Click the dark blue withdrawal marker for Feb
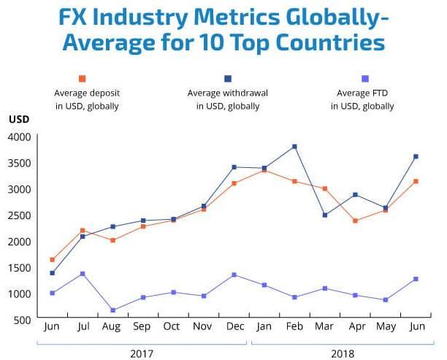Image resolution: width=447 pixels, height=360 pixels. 294,147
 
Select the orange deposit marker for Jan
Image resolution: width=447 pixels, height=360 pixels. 264,170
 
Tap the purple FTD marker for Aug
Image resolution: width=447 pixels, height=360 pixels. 112,310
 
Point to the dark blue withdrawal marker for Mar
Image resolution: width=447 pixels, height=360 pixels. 324,215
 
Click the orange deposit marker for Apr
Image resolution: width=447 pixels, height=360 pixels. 355,221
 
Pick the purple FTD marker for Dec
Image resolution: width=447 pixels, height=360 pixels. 234,275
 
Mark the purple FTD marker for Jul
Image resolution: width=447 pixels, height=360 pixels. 83,274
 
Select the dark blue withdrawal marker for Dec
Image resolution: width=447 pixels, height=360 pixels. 234,167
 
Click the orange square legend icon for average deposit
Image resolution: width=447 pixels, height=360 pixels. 83,79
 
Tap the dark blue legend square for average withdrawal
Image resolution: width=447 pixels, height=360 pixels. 228,79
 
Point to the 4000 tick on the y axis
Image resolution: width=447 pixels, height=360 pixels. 20,137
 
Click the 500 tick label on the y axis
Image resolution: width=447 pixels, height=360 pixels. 23,320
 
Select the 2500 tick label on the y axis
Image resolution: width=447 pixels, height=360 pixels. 20,215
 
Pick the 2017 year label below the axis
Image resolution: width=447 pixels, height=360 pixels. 142,353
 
